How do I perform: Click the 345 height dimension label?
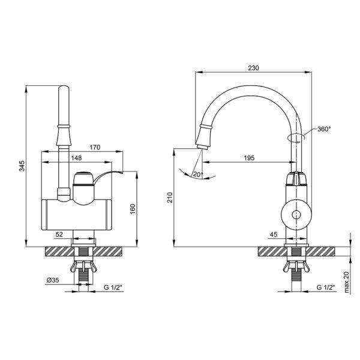22,166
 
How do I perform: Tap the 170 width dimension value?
95,147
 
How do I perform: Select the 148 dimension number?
76,158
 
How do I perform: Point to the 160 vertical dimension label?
133,209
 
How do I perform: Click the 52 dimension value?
59,235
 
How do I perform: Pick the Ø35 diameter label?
53,280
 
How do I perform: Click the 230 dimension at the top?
253,68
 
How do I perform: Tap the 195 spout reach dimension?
249,158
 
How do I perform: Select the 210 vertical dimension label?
170,197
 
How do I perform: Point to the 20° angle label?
198,175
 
